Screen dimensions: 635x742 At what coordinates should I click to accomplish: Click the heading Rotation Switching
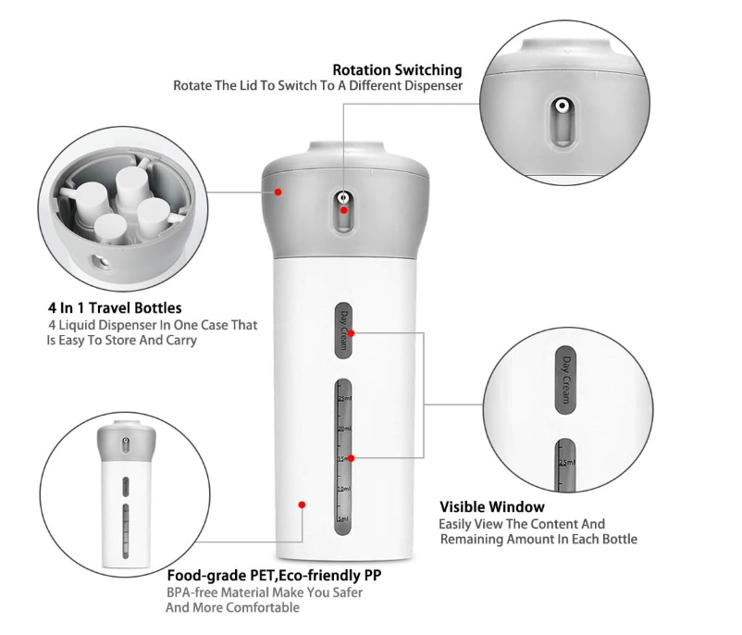tap(397, 69)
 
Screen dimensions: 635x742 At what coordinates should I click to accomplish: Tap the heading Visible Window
tap(491, 506)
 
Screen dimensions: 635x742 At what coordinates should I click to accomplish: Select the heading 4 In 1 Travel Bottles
tap(115, 307)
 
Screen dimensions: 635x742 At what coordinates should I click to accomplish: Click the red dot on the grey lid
tap(278, 192)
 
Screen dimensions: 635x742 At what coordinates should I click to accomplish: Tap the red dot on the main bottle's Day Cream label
tap(352, 331)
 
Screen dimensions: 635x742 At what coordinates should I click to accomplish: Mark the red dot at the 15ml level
tap(352, 457)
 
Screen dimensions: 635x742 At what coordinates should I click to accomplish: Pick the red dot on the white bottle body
tap(302, 504)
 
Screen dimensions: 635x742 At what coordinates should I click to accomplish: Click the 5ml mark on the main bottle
tap(343, 518)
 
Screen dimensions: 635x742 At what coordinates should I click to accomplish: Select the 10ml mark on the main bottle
tap(343, 488)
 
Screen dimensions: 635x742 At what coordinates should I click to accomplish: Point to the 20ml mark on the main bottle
tap(343, 429)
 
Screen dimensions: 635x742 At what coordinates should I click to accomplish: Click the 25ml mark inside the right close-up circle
tap(566, 463)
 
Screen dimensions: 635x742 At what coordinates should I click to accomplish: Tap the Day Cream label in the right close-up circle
tap(565, 379)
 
